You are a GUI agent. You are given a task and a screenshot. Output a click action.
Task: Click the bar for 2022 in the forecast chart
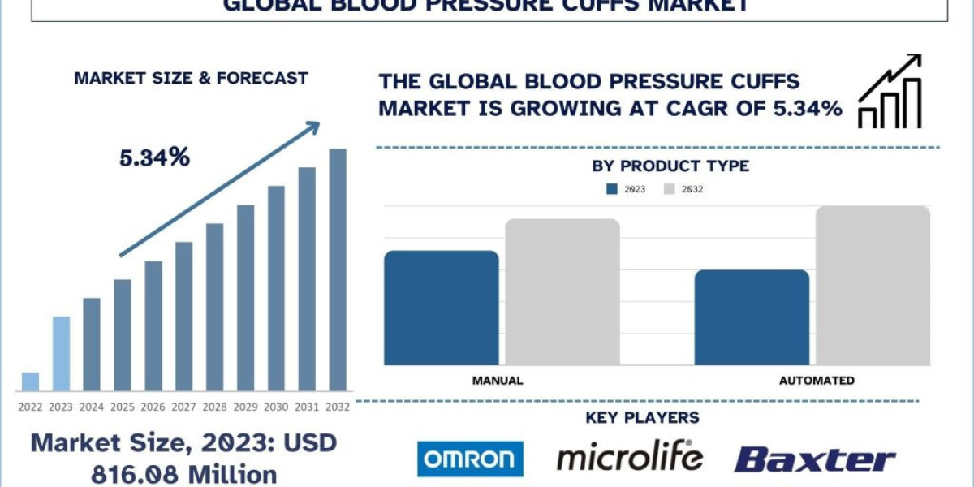click(x=30, y=381)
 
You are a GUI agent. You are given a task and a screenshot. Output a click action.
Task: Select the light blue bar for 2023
click(x=61, y=353)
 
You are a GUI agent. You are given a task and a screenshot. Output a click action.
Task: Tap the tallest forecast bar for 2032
click(x=337, y=269)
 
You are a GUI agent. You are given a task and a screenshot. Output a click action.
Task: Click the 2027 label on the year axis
click(x=183, y=407)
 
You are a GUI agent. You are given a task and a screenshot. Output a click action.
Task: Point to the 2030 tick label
click(x=276, y=407)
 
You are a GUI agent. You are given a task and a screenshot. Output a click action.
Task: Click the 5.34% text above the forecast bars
click(x=154, y=157)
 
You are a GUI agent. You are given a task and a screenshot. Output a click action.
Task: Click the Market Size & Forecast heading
click(x=191, y=78)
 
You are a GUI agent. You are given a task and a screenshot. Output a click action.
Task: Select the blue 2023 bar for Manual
click(x=441, y=308)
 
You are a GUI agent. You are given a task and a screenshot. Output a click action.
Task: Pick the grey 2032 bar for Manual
click(x=562, y=291)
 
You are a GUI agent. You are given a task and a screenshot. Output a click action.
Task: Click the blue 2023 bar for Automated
click(x=752, y=317)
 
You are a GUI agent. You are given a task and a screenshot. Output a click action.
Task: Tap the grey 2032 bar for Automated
click(x=873, y=285)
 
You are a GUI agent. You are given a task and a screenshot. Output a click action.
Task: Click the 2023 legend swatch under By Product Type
click(x=612, y=189)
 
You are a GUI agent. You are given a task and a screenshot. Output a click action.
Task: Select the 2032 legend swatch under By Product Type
click(x=670, y=189)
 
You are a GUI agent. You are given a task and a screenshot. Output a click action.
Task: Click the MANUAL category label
click(x=497, y=380)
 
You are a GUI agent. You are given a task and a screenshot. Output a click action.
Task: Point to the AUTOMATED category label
click(x=817, y=380)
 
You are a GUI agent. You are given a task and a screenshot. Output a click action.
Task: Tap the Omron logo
click(x=470, y=459)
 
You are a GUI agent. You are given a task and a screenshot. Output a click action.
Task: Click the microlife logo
click(x=629, y=457)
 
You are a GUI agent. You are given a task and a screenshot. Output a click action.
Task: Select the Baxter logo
click(x=814, y=459)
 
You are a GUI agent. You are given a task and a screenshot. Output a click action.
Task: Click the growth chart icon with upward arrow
click(x=890, y=92)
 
